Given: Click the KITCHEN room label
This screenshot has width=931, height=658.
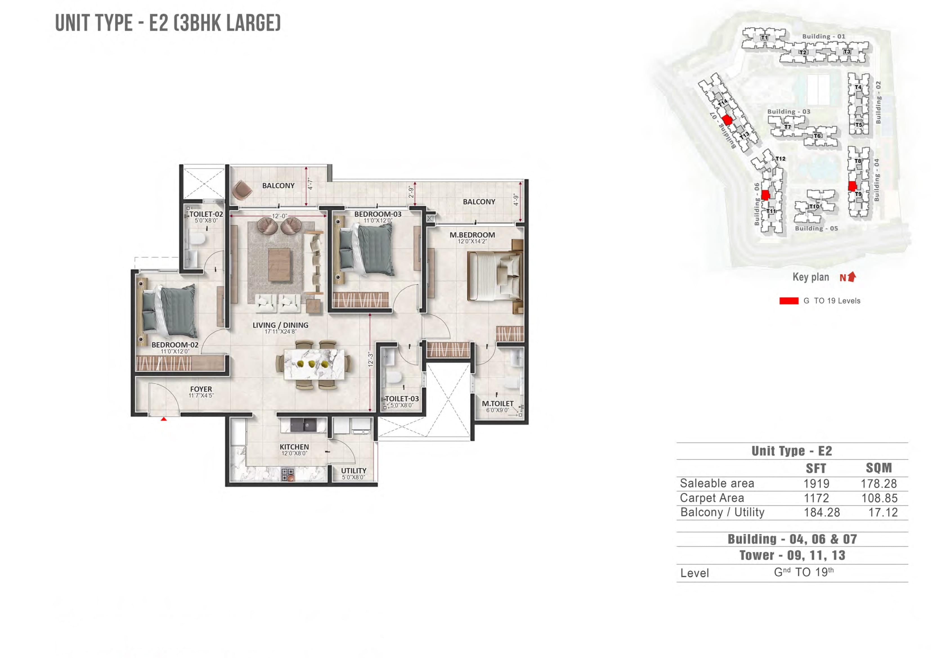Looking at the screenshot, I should [294, 447].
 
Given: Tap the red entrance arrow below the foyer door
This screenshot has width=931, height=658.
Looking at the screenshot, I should [163, 419].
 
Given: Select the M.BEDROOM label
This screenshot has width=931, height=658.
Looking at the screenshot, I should [472, 235].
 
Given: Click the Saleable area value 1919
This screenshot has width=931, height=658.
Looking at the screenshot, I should [816, 483].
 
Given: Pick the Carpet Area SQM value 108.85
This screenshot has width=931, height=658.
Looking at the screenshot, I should [879, 498].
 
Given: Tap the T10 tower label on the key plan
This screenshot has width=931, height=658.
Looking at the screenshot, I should [814, 207].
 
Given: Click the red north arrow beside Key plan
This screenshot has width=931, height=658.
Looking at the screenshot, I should [852, 277].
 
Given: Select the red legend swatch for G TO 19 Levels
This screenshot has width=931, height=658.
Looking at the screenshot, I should [788, 301].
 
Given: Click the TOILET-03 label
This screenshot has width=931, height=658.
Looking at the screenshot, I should [401, 399].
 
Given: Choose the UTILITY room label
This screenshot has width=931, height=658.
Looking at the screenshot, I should [354, 471].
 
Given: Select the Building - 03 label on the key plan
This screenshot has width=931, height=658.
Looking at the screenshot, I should [788, 111].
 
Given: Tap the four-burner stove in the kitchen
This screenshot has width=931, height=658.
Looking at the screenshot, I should [288, 473].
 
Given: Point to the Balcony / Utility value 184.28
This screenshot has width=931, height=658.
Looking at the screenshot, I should [822, 513].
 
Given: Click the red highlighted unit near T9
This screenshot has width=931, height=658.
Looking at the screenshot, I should [852, 186].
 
